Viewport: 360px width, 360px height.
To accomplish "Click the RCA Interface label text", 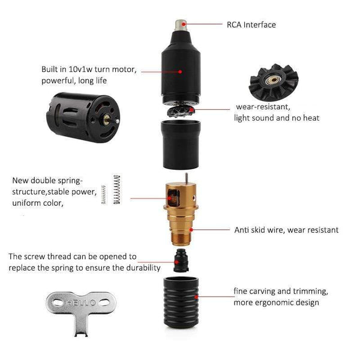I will pos(251,25).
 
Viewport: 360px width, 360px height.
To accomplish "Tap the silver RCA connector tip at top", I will pos(179,25).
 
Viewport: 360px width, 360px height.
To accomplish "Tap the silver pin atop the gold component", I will pos(188,178).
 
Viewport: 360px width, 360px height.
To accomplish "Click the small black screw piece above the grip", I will pos(180,260).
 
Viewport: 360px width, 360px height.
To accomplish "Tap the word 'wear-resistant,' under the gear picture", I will pos(263,107).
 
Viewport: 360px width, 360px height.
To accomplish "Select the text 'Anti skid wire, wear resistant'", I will pos(286,230).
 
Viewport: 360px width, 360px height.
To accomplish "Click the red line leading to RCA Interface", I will pos(203,25).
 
